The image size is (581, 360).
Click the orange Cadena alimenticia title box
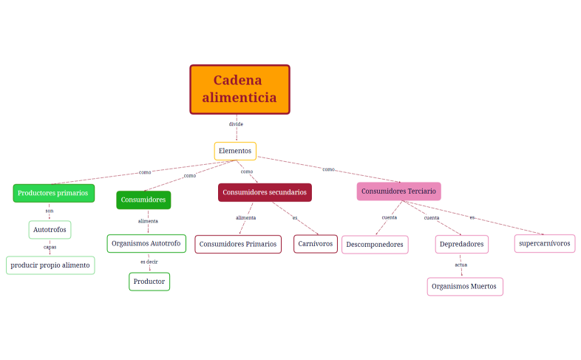coord(239,89)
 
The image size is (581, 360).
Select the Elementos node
coord(235,151)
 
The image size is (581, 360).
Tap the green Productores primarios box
coord(53,193)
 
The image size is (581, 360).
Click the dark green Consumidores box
coord(143,200)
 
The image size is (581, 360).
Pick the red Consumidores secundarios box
coord(265,192)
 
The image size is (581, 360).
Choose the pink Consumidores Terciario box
coord(398,191)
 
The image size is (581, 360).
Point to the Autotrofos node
coord(50,230)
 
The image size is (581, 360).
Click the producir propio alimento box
coord(50,265)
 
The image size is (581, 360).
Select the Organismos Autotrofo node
coord(145,242)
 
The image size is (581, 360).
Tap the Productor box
coord(149,281)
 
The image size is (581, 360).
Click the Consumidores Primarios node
coord(238,243)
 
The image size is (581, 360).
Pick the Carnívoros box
coord(316,243)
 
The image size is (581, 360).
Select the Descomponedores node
coord(375,244)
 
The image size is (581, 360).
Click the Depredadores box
coord(461,244)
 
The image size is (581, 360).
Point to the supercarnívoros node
coord(545,242)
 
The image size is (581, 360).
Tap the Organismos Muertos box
coord(464,286)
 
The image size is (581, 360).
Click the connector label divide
coord(236,124)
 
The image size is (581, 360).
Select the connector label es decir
coord(149,262)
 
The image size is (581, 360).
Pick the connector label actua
coord(461,265)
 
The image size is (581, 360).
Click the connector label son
coord(50,211)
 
